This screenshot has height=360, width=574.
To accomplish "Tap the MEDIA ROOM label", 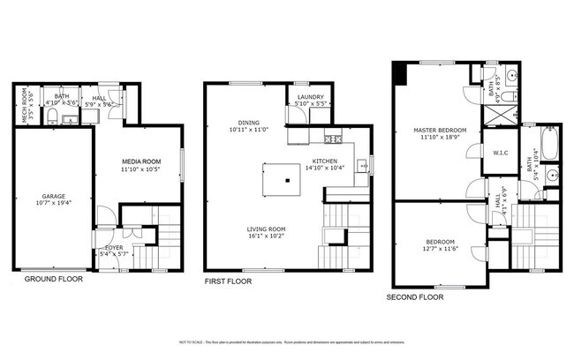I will [140, 161].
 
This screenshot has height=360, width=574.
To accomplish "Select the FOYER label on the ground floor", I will [115, 248].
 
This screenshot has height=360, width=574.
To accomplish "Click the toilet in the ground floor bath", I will [52, 116].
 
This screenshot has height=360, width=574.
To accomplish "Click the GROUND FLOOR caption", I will [52, 279].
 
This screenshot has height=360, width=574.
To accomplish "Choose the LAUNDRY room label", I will [310, 97].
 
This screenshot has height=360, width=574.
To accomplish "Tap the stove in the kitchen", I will [333, 139].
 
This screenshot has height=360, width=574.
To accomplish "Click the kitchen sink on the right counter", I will [361, 165].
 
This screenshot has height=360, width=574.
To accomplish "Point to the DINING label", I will [248, 123].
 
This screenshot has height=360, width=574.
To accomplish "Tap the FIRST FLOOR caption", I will [228, 281].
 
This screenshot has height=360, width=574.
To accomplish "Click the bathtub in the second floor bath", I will [549, 143].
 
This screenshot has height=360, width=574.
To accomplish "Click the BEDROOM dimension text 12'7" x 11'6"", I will [441, 250].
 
